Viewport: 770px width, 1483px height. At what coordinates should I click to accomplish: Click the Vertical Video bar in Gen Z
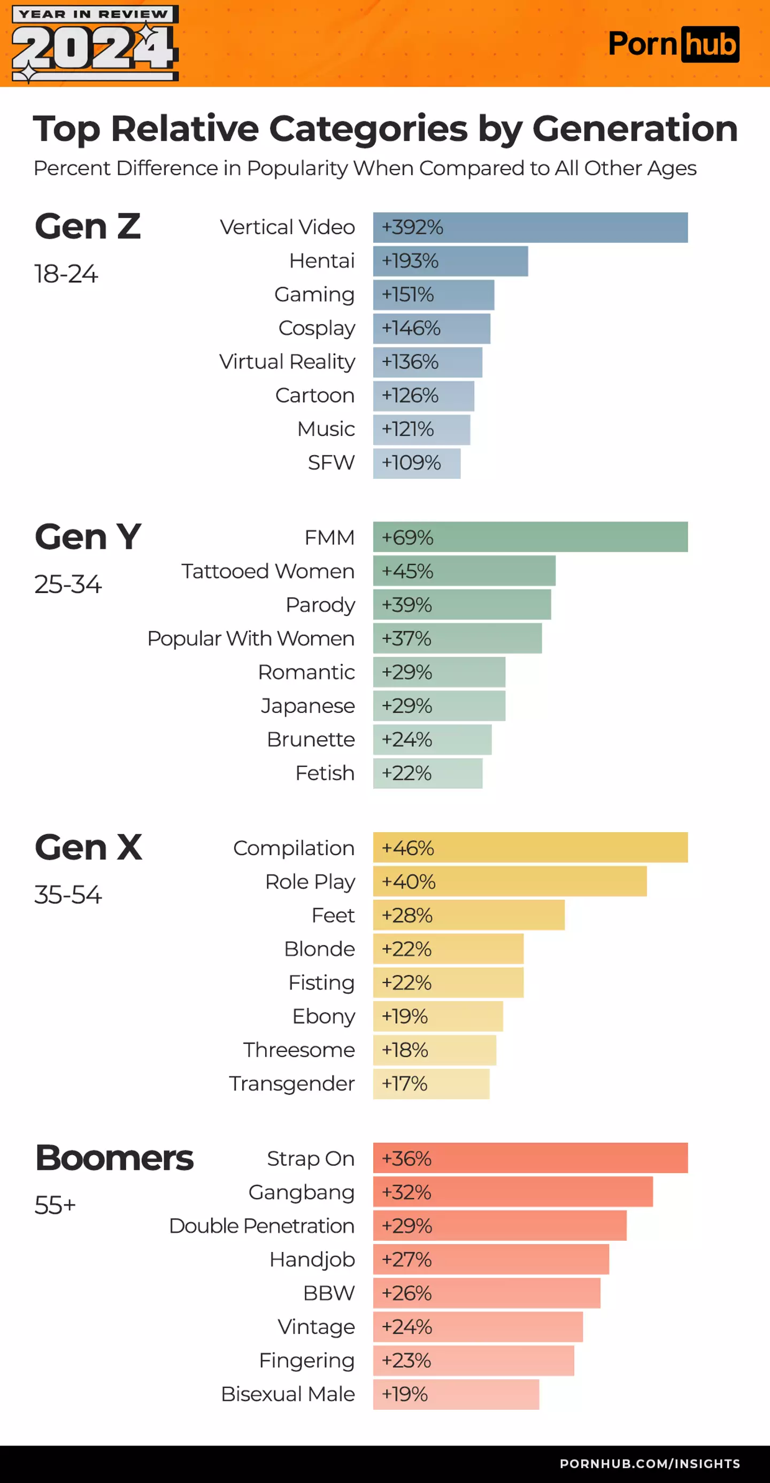pos(530,227)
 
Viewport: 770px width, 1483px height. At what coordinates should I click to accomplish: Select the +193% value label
pos(410,261)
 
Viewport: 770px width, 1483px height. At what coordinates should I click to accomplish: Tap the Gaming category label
pos(314,294)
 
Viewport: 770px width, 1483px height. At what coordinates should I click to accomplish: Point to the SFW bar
pos(417,463)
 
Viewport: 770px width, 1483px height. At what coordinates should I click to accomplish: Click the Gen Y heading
pos(88,536)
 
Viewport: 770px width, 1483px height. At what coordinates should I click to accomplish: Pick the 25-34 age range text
pos(68,585)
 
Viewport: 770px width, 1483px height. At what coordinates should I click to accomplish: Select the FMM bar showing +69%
pos(530,537)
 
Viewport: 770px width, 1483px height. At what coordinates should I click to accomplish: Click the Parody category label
pos(320,605)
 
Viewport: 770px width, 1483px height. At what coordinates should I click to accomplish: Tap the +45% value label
pos(407,571)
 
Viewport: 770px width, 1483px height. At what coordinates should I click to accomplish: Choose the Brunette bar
pos(432,740)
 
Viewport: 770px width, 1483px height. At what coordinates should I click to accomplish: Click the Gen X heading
pos(88,848)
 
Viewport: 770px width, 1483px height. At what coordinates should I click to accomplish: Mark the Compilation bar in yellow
pos(530,848)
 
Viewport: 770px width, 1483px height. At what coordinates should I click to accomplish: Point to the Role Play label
pos(310,882)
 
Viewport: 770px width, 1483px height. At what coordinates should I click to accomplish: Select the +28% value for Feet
pos(407,916)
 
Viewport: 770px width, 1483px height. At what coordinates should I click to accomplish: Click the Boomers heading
pos(114,1158)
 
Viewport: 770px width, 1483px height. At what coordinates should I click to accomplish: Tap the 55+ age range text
pos(55,1205)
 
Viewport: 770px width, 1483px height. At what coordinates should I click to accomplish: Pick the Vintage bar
pos(478,1327)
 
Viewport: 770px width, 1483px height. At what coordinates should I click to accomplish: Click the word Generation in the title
pos(635,128)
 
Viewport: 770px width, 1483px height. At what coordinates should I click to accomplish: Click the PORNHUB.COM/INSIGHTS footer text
pos(650,1463)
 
